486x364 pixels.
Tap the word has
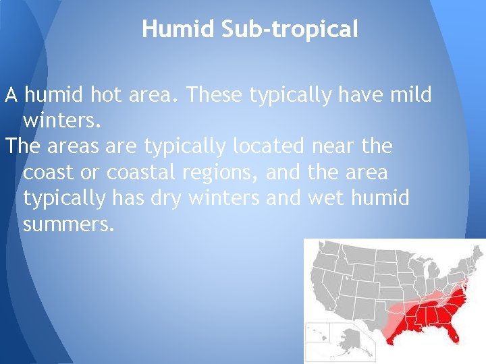pyautogui.click(x=122, y=198)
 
